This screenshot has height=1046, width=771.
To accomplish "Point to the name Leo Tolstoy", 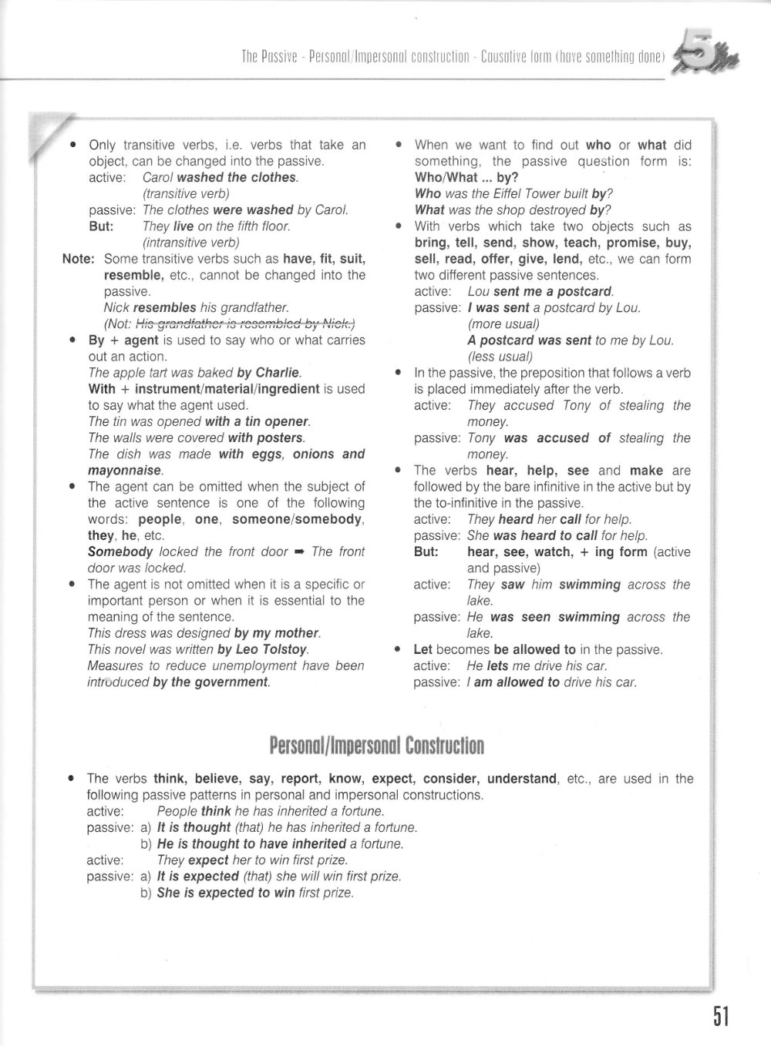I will [x=273, y=649].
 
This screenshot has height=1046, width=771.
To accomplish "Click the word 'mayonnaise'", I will [x=125, y=471].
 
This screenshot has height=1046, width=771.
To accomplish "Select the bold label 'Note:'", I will [x=78, y=259].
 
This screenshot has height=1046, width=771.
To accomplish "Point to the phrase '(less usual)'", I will [x=500, y=357].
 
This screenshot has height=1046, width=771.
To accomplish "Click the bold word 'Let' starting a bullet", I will [x=423, y=649].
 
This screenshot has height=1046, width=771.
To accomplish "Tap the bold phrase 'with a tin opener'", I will [x=257, y=422].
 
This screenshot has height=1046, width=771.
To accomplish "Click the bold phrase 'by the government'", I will [x=210, y=682].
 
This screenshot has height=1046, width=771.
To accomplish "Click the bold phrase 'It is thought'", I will [x=194, y=827].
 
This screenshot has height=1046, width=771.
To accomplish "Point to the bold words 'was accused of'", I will [x=557, y=438].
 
